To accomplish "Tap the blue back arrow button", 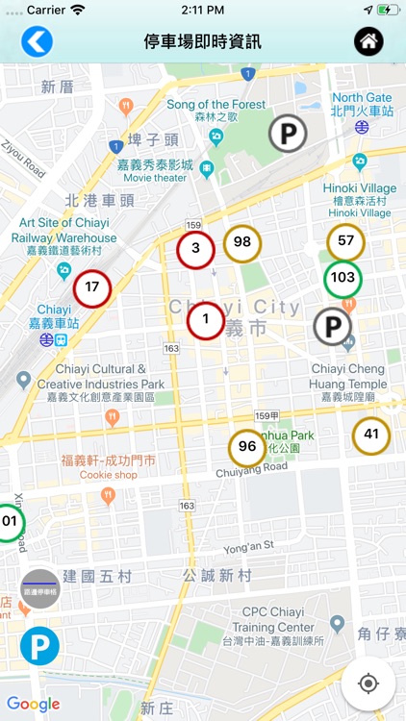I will coord(37,41).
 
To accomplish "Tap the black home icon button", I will coord(369,41).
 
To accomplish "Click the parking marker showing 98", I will coord(242,242).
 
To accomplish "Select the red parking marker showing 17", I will coord(92,286).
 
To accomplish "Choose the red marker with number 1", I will coord(205,320).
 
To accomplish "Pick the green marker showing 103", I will coord(343,278).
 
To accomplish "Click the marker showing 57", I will coord(345,241).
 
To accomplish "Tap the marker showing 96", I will coord(247,447).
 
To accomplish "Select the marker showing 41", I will coord(371,435).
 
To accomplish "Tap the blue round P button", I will coord(39,646).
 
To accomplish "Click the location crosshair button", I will coord(368,684).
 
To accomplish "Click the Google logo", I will coord(34,705).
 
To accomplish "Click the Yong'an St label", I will coord(249,545).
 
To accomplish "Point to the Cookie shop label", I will coord(109,475).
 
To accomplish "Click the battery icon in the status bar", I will coord(388,10).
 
